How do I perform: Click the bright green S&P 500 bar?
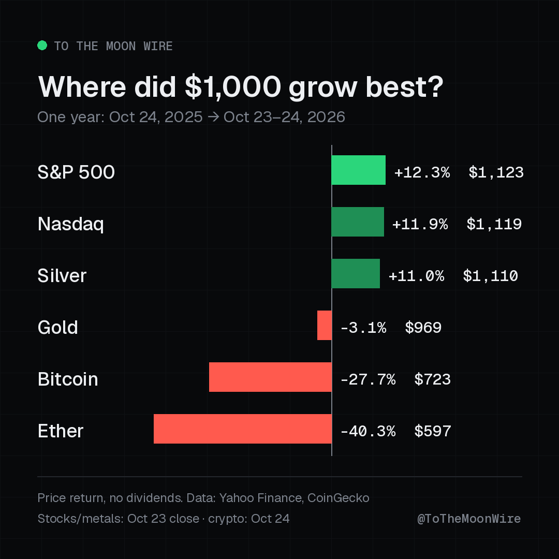click(x=358, y=170)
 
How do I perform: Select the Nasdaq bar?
click(x=358, y=222)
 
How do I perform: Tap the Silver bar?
click(x=356, y=273)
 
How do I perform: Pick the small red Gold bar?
click(x=325, y=325)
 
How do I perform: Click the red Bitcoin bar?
click(x=270, y=377)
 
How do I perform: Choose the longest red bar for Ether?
click(x=242, y=429)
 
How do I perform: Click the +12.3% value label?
click(x=422, y=172)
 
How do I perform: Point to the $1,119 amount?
click(x=494, y=224)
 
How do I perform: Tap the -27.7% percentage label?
click(x=368, y=380)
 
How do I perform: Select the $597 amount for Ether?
click(x=433, y=431)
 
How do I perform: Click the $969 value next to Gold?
click(x=423, y=328)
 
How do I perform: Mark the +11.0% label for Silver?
click(x=416, y=276)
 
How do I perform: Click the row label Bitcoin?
click(x=68, y=379)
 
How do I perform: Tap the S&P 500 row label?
click(x=76, y=172)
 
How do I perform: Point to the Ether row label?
click(x=60, y=431)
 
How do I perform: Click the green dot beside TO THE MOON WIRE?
click(x=42, y=45)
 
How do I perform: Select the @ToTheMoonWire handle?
click(x=469, y=519)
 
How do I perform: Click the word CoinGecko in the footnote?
click(x=338, y=498)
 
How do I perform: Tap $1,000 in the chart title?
click(x=233, y=87)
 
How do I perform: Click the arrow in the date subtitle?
click(x=213, y=117)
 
